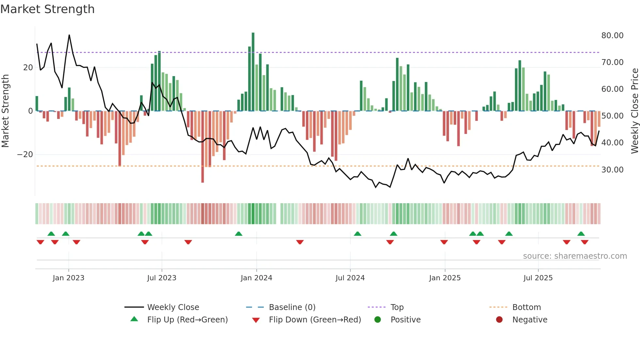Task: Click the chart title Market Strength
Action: [47, 9]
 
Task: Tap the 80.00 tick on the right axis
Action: [612, 35]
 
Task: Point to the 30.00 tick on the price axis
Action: [612, 170]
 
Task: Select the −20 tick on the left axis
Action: [25, 154]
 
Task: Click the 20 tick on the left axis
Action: [28, 67]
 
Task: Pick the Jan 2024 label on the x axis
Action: [256, 278]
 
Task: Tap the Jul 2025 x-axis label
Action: [538, 278]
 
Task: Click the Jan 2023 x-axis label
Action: [69, 278]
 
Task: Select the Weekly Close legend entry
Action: [173, 307]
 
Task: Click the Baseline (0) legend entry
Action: [292, 307]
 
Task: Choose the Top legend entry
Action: [397, 307]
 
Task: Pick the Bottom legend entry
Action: [526, 307]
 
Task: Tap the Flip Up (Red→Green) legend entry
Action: [187, 319]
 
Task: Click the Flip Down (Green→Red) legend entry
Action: [315, 319]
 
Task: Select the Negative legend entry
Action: [530, 319]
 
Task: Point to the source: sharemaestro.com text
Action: [575, 256]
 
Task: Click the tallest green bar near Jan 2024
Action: [253, 72]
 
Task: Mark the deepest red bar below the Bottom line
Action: [202, 147]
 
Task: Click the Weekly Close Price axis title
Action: [634, 111]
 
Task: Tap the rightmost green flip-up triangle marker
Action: [581, 234]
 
